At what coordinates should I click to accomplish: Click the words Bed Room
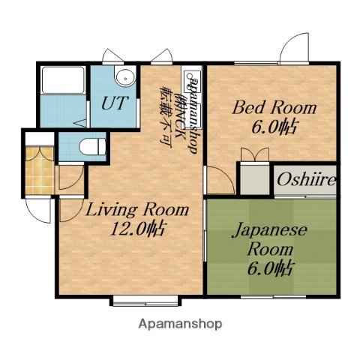pos(274,108)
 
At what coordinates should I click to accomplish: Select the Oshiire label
pos(306,180)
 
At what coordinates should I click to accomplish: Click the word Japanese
pos(267,231)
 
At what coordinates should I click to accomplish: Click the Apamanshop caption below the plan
pos(180,325)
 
